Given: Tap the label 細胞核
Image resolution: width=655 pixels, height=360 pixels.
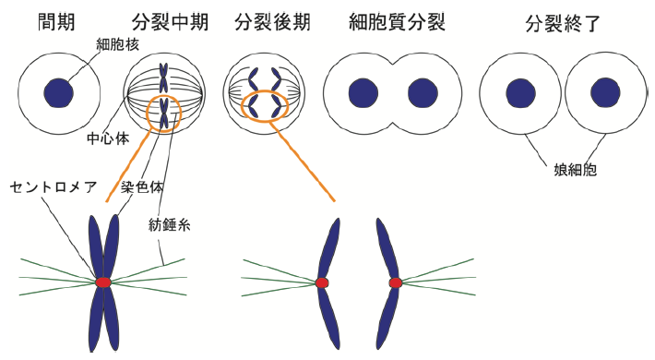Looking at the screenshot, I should click(x=115, y=44).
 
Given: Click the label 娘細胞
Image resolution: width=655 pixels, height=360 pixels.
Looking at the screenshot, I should click(x=566, y=170).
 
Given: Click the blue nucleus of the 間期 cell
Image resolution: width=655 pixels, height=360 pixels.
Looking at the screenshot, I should click(x=60, y=91).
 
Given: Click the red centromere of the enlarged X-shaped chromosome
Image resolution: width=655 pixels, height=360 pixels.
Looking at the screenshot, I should click(x=102, y=282).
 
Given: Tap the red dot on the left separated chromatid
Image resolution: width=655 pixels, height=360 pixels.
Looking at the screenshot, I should click(x=322, y=282).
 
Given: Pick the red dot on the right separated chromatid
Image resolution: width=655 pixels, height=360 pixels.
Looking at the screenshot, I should click(x=395, y=282).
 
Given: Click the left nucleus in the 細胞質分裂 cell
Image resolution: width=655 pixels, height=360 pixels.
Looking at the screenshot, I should click(x=360, y=93).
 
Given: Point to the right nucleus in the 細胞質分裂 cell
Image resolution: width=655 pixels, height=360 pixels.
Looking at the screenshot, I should click(x=421, y=93).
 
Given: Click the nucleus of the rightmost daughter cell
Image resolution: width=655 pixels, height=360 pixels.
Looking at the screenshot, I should click(x=605, y=91).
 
